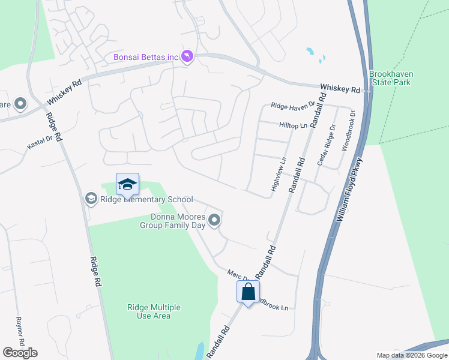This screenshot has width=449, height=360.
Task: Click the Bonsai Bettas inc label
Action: click(x=146, y=57)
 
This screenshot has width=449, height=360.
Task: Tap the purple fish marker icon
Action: click(x=188, y=56)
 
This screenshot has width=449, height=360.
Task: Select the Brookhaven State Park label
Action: click(x=391, y=78)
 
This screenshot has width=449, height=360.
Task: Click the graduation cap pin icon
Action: click(x=127, y=184)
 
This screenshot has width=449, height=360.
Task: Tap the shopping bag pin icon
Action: click(x=248, y=292)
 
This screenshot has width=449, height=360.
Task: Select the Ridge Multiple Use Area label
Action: click(x=149, y=311)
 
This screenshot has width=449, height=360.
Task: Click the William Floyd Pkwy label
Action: click(x=351, y=189)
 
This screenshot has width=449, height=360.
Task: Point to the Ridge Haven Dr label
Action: click(x=292, y=106)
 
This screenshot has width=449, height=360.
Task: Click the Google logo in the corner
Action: click(x=20, y=353)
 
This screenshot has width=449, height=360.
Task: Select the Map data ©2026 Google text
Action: click(x=411, y=355)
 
